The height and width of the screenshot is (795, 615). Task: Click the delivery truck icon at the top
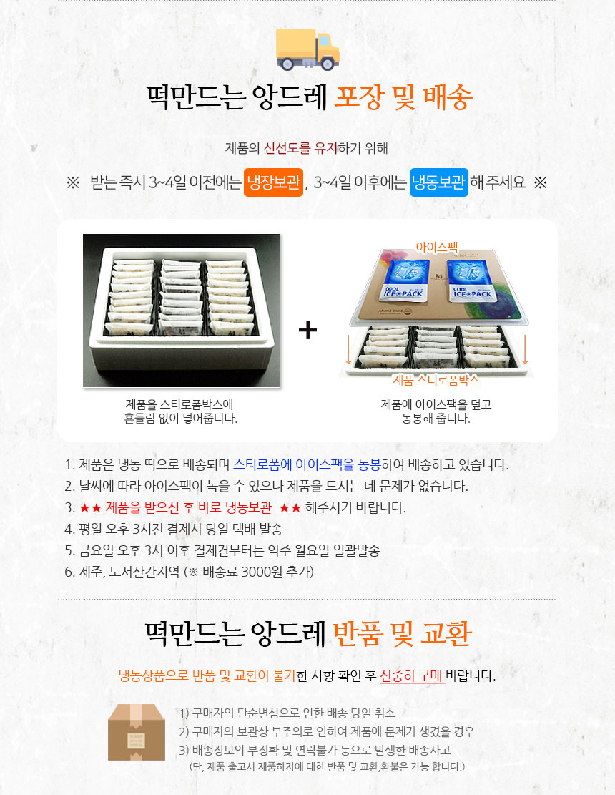coord(307,49)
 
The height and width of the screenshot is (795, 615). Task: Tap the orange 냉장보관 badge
coord(274,182)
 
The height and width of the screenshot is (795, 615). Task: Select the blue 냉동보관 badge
coord(438,182)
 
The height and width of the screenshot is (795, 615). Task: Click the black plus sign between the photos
coord(307,330)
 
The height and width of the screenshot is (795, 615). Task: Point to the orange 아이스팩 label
coord(437,247)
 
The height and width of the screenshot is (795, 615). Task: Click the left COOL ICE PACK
coord(403,281)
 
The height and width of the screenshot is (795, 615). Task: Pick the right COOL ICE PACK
coord(471,281)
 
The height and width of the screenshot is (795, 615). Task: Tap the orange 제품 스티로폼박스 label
coord(436,380)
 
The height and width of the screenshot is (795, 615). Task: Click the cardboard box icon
coord(137,731)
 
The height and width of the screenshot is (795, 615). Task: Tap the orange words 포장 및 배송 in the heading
coord(404,97)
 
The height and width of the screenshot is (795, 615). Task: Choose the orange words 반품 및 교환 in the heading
coord(402,634)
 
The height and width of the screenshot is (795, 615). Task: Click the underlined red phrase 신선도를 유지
coord(300,148)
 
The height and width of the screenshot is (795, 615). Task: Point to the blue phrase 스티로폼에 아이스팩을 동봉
coord(307,464)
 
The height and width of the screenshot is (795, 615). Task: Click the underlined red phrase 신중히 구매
coord(412,675)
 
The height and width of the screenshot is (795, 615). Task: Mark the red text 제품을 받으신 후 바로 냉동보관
coord(189,507)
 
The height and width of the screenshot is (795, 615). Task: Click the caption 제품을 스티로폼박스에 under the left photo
coord(179,404)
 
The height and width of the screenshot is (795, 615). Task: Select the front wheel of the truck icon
coord(328,63)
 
